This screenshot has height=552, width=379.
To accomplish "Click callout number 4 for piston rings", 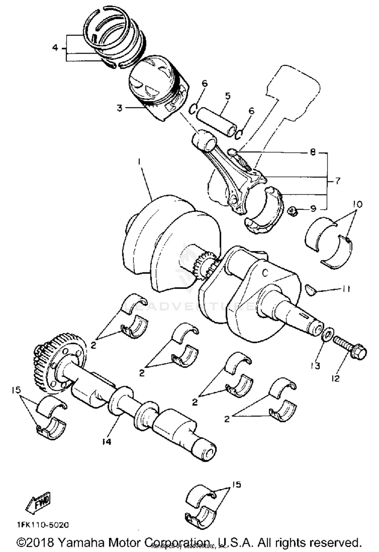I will (x=55, y=48).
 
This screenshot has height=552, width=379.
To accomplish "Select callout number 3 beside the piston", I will (x=119, y=108).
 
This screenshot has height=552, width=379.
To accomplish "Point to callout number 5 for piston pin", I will (x=228, y=96).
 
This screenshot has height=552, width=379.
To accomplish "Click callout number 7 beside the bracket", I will (x=338, y=181).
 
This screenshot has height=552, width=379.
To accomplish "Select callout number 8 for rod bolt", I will (x=313, y=152).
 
